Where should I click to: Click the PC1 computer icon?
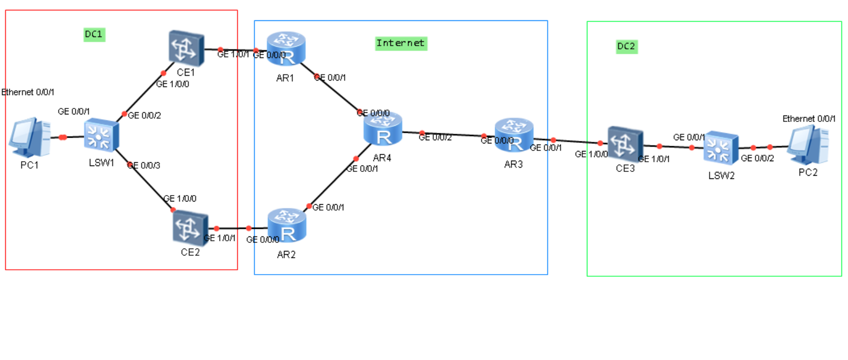pos(30,137)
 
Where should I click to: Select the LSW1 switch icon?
pos(101,135)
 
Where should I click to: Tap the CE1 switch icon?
pos(186,48)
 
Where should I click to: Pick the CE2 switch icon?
pos(190,228)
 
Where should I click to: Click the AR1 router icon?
pos(286,48)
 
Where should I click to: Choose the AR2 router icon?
pos(287,226)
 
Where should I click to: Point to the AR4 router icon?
pos(382,129)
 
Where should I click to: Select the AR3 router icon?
pos(514,135)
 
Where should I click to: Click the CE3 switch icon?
pos(625,143)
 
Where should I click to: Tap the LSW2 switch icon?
pos(721,147)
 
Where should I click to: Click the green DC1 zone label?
pos(93,34)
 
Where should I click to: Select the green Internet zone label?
pos(401,43)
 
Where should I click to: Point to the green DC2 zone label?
pos(626,46)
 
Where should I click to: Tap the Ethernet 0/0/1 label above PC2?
pos(809,119)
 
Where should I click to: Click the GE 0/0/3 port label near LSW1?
pos(144,165)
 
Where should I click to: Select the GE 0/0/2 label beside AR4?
pos(435,138)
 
